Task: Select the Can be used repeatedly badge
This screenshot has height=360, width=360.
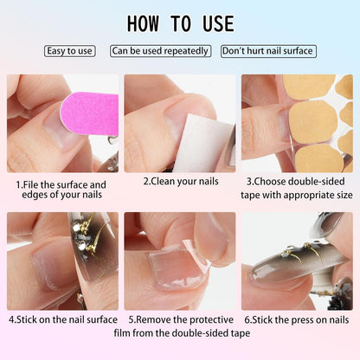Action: (x=161, y=51)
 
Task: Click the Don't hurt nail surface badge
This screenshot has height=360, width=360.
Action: (x=268, y=51)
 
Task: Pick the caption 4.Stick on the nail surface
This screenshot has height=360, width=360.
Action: (x=62, y=319)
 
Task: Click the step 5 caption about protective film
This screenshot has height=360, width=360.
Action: (x=179, y=325)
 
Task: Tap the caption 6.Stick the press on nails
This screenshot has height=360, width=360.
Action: (x=297, y=319)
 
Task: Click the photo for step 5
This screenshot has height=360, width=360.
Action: (x=179, y=260)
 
